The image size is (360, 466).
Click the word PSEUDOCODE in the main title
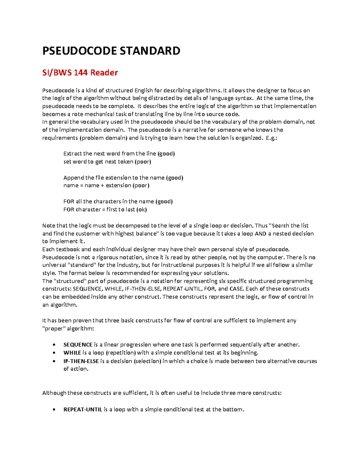(79, 51)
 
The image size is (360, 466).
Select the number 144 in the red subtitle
(81, 73)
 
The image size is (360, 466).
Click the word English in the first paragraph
(143, 90)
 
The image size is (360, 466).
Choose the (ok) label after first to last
(142, 209)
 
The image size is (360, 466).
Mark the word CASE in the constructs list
(236, 289)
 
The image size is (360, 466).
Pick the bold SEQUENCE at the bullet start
(78, 344)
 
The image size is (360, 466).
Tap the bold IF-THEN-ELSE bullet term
(81, 361)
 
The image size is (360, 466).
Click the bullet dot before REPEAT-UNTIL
(54, 410)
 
